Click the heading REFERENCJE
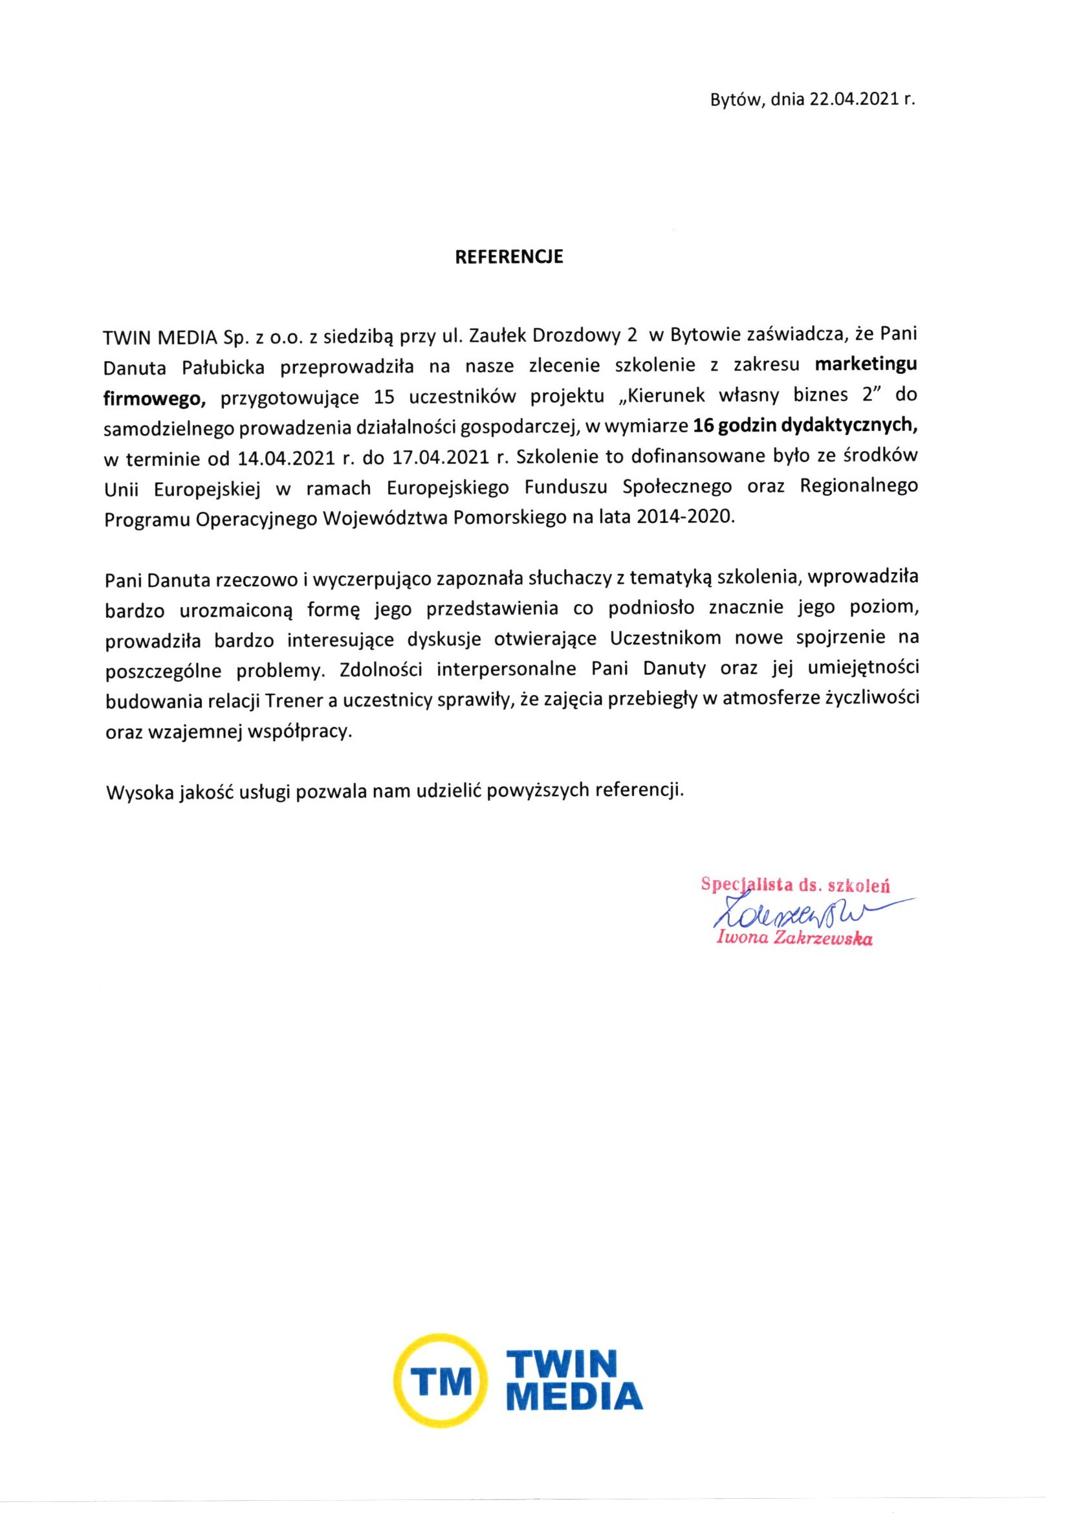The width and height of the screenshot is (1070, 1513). point(510,258)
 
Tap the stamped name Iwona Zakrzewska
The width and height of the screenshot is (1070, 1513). point(794,940)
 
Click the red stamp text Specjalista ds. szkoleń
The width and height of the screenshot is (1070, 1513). point(795,885)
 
